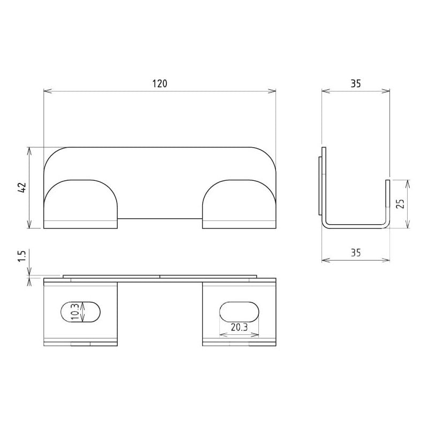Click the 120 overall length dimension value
pyautogui.click(x=159, y=83)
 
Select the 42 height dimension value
pyautogui.click(x=22, y=188)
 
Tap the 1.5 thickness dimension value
pyautogui.click(x=22, y=255)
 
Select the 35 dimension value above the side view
pyautogui.click(x=355, y=83)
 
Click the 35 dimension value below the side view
pyautogui.click(x=355, y=253)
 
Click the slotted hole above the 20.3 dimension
pyautogui.click(x=239, y=312)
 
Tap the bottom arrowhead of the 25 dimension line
pyautogui.click(x=408, y=225)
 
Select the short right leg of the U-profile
pyautogui.click(x=387, y=201)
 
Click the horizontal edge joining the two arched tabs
pyautogui.click(x=159, y=218)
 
